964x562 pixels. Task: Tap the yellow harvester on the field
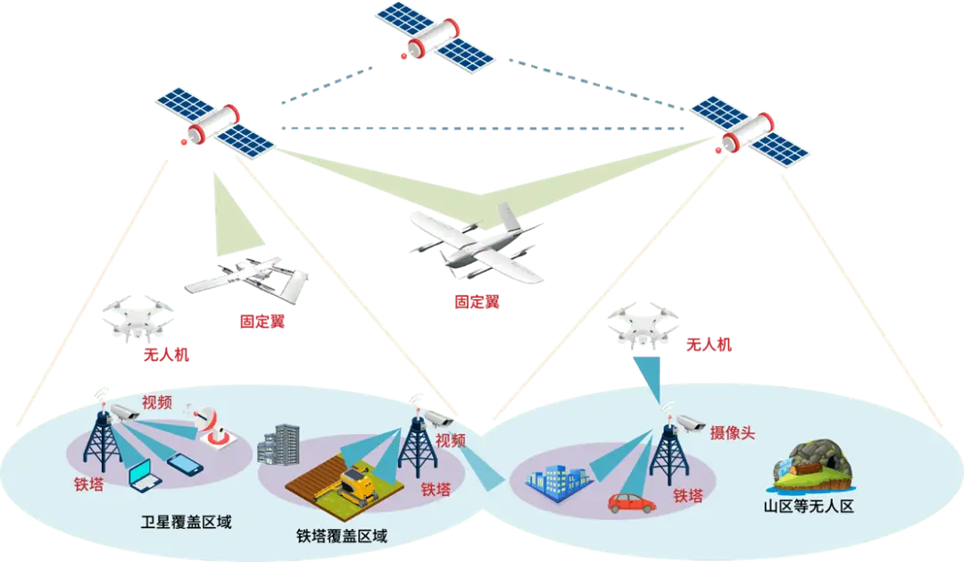pyautogui.click(x=357, y=481)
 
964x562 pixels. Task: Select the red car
pyautogui.click(x=631, y=502)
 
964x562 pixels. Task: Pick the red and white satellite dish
pyautogui.click(x=212, y=427)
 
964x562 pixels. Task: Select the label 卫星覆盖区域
pyautogui.click(x=187, y=522)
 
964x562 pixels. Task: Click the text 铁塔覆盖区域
pyautogui.click(x=342, y=537)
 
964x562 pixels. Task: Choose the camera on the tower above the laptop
pyautogui.click(x=122, y=410)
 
